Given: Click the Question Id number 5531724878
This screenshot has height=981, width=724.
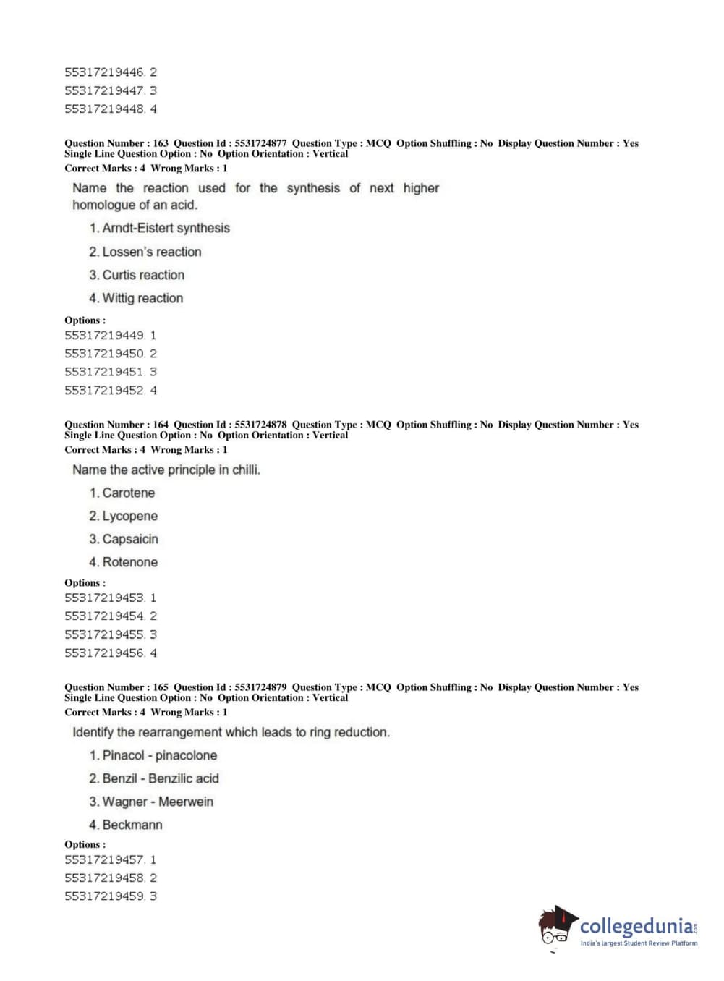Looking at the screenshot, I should pos(260,425).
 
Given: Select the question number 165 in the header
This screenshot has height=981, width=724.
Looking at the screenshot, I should pos(161,687).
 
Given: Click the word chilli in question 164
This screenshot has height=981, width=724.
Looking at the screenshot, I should pos(245,470).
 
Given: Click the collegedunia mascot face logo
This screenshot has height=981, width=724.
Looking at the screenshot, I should pos(556,927).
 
